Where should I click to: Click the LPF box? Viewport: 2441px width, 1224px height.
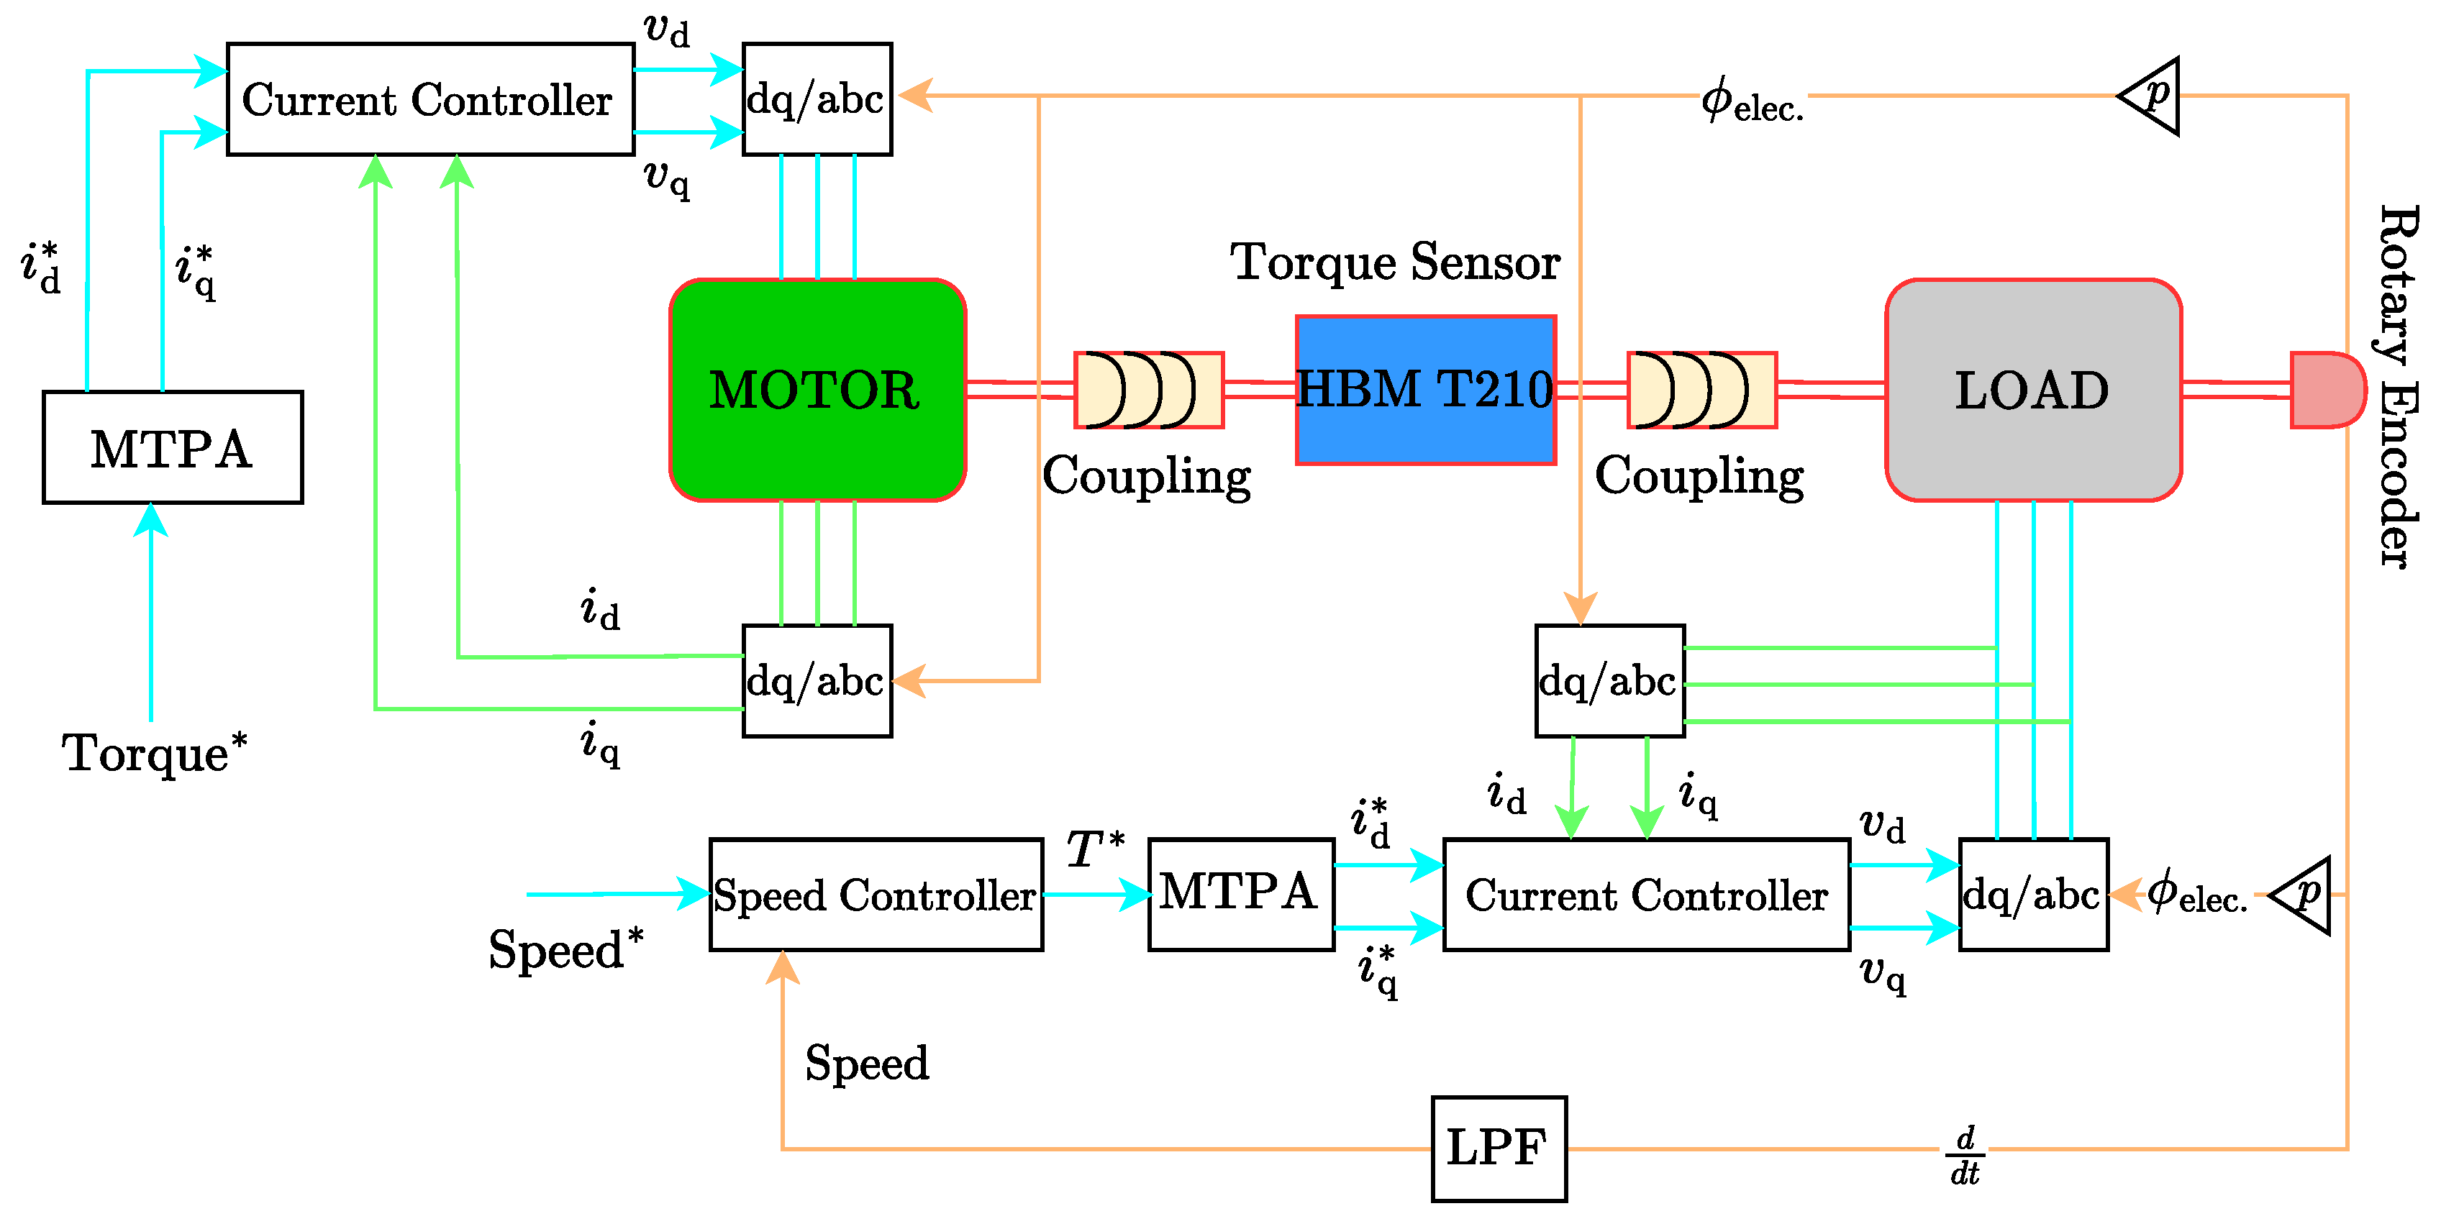[1498, 1148]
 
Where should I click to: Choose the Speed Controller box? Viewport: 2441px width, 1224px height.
[876, 895]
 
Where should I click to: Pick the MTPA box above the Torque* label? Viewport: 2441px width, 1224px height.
[173, 447]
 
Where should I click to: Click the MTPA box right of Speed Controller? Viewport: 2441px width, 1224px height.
[1240, 895]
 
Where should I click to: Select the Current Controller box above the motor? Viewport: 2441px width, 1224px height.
[430, 99]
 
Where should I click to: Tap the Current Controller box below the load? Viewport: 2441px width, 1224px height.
[1646, 895]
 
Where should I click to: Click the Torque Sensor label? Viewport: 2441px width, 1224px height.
[1395, 262]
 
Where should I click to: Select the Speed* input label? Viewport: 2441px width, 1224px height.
[565, 949]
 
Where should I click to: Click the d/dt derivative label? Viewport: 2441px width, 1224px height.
[1964, 1155]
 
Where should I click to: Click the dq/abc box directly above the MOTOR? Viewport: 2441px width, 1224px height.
[817, 99]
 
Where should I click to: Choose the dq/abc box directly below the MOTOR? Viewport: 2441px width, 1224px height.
[817, 680]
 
